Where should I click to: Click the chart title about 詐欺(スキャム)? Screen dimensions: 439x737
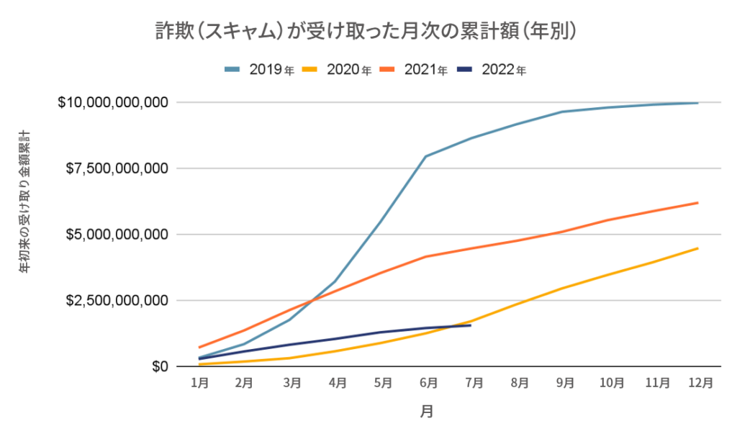pos(368,31)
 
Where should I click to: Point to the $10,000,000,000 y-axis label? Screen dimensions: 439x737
pos(114,103)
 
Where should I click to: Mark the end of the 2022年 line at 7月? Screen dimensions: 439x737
pos(470,325)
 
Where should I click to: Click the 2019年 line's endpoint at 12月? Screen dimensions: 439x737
pos(698,103)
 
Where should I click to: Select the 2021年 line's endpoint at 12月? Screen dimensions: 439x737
pos(698,203)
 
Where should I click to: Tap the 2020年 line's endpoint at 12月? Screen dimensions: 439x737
pos(698,248)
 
